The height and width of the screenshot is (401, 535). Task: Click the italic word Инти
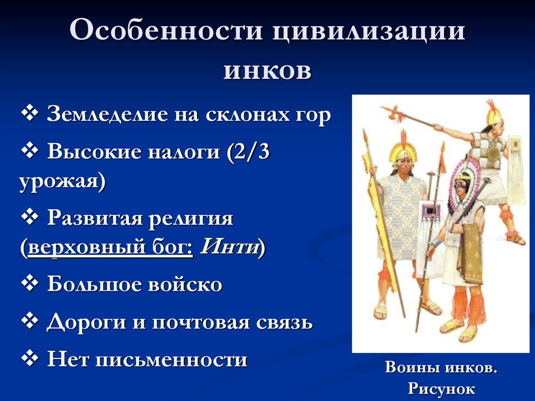[x=229, y=246]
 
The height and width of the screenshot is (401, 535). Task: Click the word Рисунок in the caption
[x=441, y=388]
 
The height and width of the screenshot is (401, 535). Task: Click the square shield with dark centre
[x=432, y=212]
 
